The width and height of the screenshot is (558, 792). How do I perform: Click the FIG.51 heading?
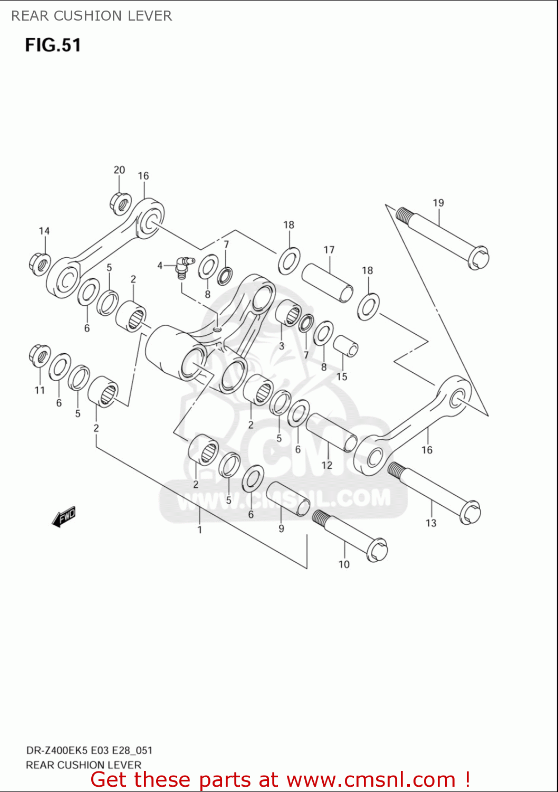[x=53, y=45]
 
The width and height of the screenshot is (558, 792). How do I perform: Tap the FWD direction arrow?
[x=64, y=517]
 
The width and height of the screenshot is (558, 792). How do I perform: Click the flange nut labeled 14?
[x=40, y=264]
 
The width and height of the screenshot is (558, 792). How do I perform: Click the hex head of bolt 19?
[x=478, y=258]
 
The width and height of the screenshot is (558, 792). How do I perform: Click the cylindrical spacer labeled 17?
[x=328, y=283]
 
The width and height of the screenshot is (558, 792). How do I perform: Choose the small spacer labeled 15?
[x=345, y=346]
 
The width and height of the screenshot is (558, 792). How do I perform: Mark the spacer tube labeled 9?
[x=287, y=498]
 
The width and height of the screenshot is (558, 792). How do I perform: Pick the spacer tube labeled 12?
[x=331, y=432]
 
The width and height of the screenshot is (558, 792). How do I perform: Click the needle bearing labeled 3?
[x=288, y=313]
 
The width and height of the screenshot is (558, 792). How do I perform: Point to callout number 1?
[x=200, y=530]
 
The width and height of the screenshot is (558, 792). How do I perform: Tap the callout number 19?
[x=438, y=203]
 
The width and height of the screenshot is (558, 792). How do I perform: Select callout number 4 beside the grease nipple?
[x=160, y=266]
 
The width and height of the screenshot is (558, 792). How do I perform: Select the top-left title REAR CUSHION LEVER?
[x=92, y=16]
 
